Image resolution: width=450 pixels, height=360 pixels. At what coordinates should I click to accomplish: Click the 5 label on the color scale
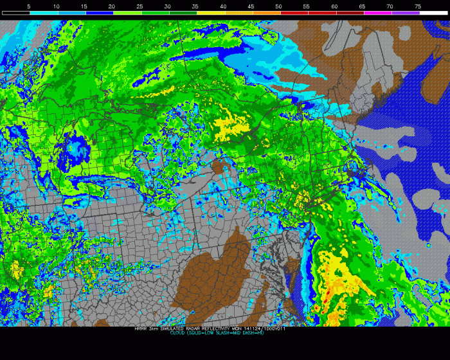pos(28,6)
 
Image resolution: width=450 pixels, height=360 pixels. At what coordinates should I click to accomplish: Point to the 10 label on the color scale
pos(57,6)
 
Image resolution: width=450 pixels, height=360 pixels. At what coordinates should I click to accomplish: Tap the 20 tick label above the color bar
pos(112,6)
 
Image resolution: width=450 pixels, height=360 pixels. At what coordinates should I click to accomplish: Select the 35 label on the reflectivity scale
pos(195,6)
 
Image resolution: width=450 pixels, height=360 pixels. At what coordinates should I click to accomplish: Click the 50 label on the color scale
pos(278,6)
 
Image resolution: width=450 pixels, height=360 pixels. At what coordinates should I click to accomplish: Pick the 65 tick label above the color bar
pos(362,6)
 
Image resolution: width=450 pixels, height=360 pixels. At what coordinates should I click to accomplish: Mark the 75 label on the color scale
pos(417,6)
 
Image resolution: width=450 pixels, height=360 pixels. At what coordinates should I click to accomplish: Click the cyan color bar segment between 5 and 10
pos(43,13)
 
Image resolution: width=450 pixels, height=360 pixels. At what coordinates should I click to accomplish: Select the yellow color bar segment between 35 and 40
pos(210,13)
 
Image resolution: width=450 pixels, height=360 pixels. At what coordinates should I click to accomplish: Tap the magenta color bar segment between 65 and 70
pos(377,13)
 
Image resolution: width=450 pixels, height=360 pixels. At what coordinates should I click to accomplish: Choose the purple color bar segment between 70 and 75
pos(404,13)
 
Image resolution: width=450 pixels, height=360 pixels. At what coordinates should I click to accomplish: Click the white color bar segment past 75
pos(432,13)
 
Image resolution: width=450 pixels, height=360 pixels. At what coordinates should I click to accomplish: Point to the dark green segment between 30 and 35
pos(182,13)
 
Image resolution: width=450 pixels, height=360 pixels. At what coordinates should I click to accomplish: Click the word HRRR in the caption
pos(140,328)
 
